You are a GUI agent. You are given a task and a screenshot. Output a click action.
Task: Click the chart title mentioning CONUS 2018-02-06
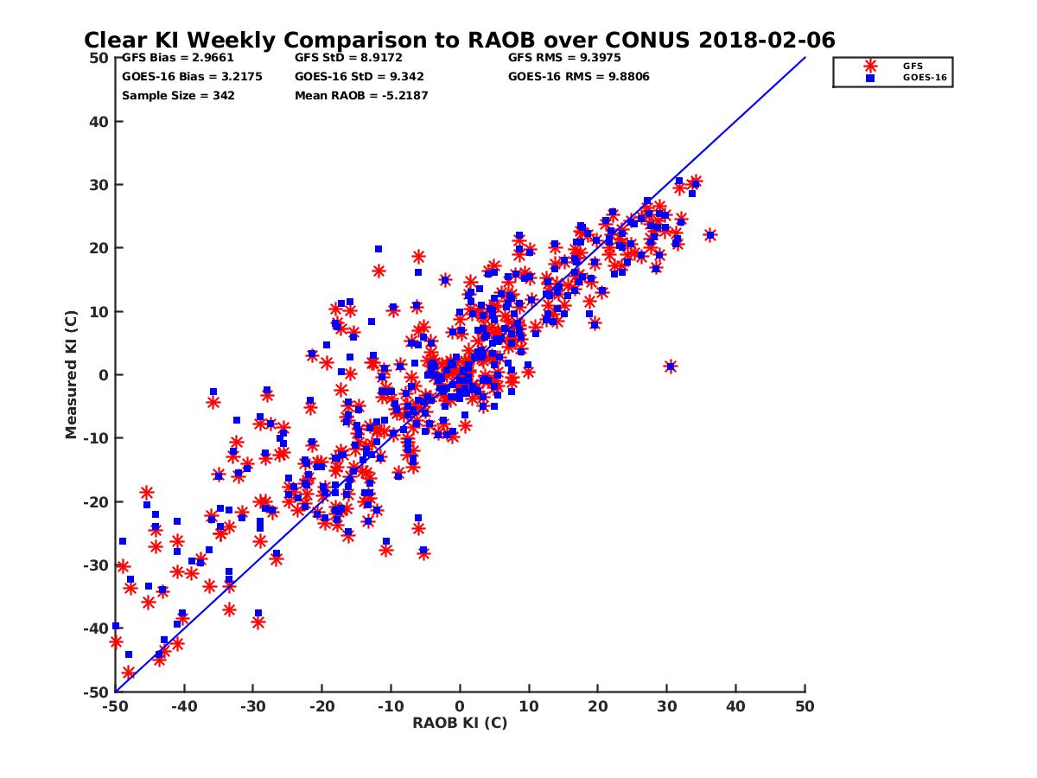click(459, 40)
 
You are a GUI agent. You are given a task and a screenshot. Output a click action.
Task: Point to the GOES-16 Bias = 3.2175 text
click(192, 76)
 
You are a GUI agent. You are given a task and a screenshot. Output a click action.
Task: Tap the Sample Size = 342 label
click(178, 95)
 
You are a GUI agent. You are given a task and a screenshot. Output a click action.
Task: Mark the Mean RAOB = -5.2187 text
click(361, 95)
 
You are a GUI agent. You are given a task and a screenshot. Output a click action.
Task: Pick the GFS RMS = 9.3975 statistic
click(564, 58)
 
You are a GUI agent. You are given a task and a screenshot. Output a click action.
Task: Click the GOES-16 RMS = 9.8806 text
click(579, 76)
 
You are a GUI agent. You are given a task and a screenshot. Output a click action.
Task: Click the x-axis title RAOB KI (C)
click(460, 723)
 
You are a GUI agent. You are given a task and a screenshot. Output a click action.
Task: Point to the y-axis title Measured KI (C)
click(72, 374)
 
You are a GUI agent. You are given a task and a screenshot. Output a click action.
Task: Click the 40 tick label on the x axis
click(736, 706)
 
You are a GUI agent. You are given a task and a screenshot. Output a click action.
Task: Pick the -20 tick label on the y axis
click(97, 501)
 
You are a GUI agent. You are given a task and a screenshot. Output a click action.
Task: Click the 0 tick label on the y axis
click(104, 374)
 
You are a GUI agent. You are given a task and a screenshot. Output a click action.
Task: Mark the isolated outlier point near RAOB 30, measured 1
click(671, 367)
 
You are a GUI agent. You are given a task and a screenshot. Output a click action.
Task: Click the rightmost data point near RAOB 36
click(710, 235)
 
